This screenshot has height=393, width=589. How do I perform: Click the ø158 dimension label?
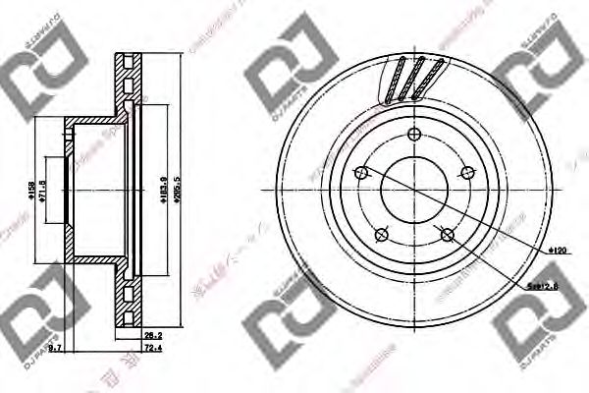(x=31, y=189)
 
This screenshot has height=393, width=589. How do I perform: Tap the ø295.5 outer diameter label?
(x=178, y=189)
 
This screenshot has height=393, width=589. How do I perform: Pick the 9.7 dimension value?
(x=56, y=349)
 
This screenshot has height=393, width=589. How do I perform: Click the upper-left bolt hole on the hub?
(x=361, y=173)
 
